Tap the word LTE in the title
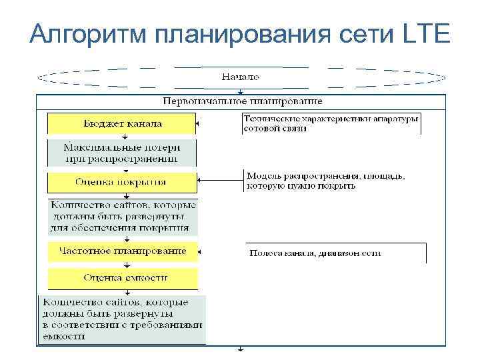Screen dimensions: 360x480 point(427,33)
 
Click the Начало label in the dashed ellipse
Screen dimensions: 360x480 point(240,77)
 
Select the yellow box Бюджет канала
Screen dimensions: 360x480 point(122,123)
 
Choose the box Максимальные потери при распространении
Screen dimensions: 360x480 point(122,153)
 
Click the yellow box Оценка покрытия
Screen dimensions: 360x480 point(122,181)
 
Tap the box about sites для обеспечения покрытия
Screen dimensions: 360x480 point(122,216)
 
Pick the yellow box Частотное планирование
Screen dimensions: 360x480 point(122,251)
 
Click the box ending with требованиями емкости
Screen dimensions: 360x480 point(122,319)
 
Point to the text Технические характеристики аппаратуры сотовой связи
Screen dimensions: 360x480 point(331,123)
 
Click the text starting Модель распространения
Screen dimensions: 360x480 point(326,181)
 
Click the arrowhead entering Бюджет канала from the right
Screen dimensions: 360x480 point(201,123)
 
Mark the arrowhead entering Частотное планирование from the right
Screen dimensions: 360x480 point(201,252)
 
